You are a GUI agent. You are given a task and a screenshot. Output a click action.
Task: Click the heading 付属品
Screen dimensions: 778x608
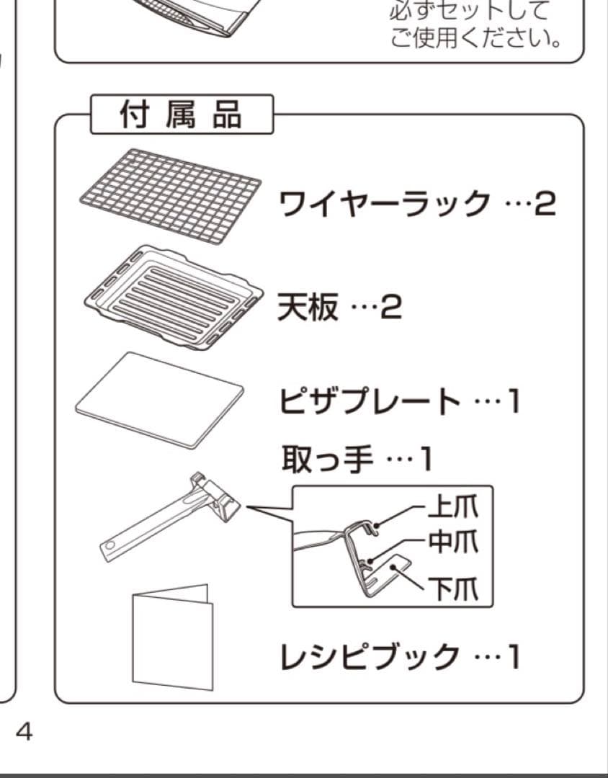pos(181,115)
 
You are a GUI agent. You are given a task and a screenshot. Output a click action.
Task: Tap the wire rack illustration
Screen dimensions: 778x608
pos(170,195)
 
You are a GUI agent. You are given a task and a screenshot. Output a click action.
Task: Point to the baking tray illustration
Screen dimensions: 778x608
pos(170,295)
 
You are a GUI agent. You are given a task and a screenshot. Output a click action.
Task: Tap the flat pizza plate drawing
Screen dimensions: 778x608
pos(159,398)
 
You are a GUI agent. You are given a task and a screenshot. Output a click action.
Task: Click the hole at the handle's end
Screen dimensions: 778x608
pos(109,547)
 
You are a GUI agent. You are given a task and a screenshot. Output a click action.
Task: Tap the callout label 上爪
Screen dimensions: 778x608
pos(452,509)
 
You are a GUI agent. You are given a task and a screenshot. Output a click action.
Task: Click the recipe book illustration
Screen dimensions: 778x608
pos(172,637)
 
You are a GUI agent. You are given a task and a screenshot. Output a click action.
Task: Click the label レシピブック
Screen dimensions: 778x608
pos(370,656)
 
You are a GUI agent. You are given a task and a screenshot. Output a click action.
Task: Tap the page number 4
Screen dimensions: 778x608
pos(24,732)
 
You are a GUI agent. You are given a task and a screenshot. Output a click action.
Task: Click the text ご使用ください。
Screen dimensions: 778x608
pos(476,36)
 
